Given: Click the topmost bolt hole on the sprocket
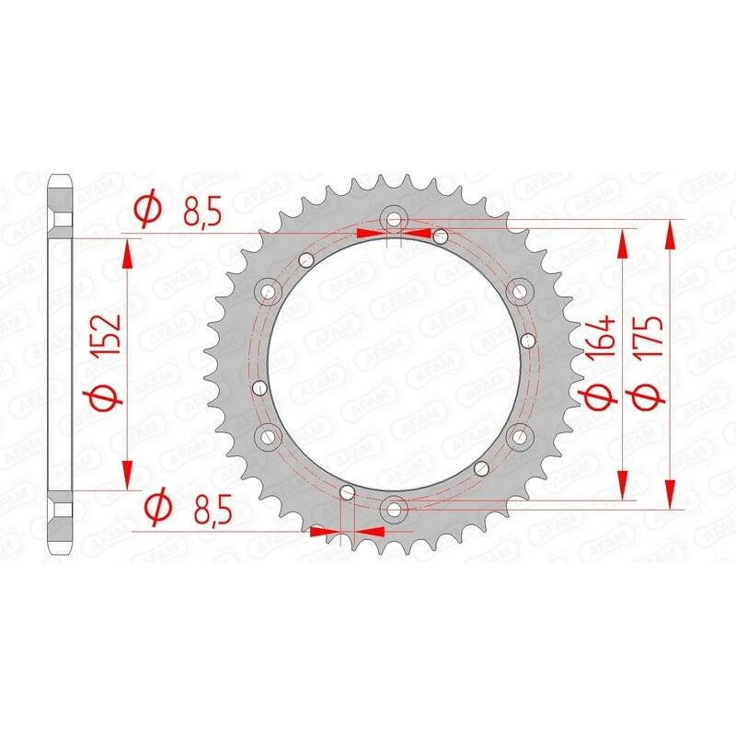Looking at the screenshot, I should [395, 219].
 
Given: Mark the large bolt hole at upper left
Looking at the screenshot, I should [270, 292].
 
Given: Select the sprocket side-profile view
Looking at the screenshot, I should [60, 362].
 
